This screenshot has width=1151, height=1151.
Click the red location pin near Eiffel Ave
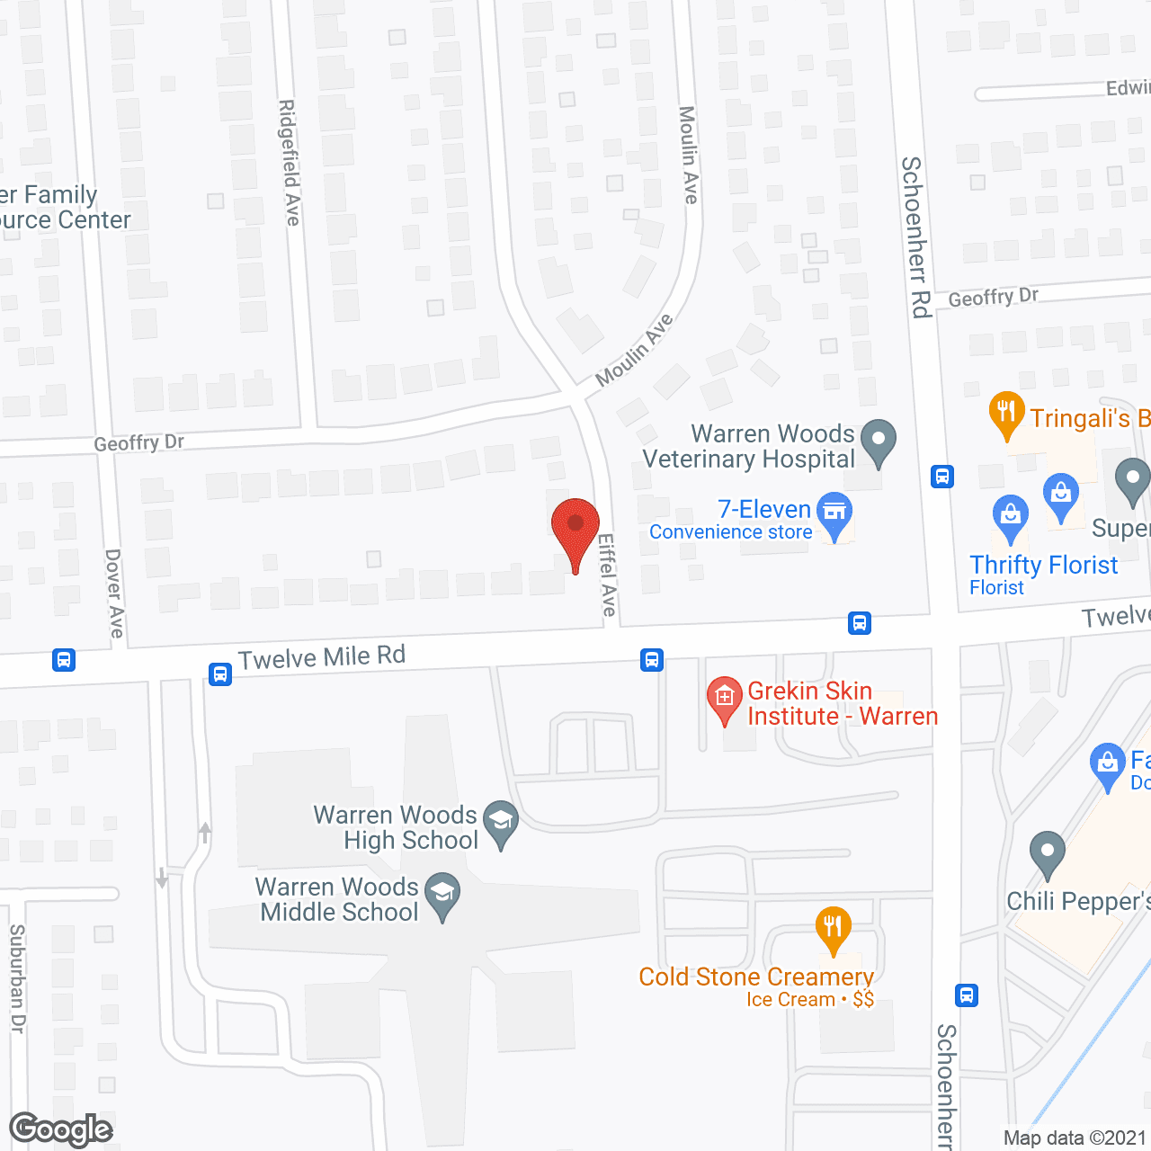(575, 526)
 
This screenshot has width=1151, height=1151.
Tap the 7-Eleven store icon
(835, 513)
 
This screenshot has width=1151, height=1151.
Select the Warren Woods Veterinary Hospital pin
(879, 440)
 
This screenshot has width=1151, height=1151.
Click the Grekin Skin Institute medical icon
(724, 698)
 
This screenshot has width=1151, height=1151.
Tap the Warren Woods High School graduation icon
(501, 821)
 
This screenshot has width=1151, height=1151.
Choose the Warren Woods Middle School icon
(442, 893)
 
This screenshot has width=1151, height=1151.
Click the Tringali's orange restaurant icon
(1006, 413)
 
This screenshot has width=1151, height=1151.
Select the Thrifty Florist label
(1043, 566)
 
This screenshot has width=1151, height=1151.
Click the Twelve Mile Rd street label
(321, 657)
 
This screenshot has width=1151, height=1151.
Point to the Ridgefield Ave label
(289, 162)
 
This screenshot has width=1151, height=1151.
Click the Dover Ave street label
(114, 593)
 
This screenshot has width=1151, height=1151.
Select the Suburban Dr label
(17, 978)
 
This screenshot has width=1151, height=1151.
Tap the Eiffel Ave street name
(608, 575)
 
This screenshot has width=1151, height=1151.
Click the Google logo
(61, 1129)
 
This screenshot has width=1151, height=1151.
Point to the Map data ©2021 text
(1075, 1138)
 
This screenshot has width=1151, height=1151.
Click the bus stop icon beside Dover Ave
(63, 660)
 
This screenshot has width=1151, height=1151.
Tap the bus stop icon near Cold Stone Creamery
(967, 995)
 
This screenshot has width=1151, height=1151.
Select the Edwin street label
(1128, 87)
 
